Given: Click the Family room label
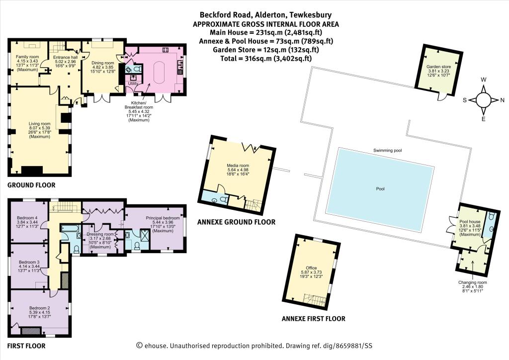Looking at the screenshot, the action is coord(28,57).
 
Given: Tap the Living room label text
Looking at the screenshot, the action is coord(40,124).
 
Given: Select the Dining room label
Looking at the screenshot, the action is coord(103,63).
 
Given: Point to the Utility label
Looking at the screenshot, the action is coord(133,84).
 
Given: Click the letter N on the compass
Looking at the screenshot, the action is coord(502,100).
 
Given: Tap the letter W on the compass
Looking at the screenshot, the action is coord(483,80).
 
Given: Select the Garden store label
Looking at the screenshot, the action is coord(438,67).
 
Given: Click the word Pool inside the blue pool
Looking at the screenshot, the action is coord(380,188).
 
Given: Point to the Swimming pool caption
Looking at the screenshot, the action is coord(388,150).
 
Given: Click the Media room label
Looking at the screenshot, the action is coord(238,166).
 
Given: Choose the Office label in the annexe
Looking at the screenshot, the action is coord(311,268).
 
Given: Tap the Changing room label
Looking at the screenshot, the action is coord(472,282).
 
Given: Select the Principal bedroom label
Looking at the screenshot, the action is coord(163,218).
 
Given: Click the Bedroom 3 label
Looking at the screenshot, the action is coord(29,262).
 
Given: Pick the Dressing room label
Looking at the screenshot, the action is coord(100,234).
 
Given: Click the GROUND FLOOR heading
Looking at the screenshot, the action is coord(31,185).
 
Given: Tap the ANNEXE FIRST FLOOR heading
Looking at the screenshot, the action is coord(314,319).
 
